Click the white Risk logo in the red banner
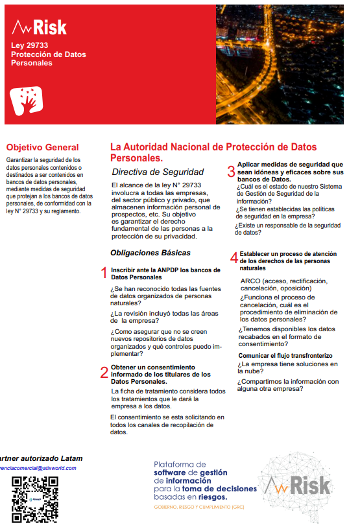pos(40,27)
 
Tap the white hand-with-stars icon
pos(27,99)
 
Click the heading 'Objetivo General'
pos(42,147)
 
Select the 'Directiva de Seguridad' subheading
pos(158,172)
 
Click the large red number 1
pos(104,273)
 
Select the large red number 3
pos(230,172)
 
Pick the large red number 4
pos(234,258)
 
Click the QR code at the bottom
pos(35,498)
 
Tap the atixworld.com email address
pos(38,467)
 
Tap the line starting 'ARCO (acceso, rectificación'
pos(283,281)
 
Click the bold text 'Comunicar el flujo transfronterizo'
pos(285,356)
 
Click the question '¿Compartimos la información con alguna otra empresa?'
pos(288,385)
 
